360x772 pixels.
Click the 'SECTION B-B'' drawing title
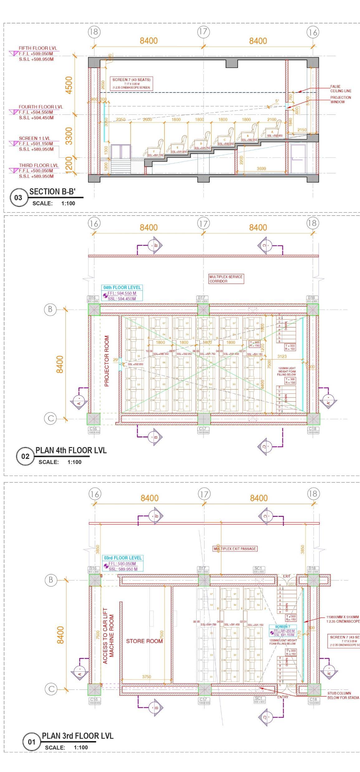tap(52, 192)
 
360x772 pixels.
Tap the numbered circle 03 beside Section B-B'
tap(18, 198)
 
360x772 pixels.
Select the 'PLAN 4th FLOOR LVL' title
tap(71, 450)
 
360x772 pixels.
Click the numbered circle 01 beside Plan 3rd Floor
tap(31, 742)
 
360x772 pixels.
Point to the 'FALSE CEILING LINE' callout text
tap(341, 89)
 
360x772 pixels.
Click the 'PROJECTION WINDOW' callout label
tap(341, 100)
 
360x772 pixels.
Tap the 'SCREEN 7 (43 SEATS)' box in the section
tap(131, 83)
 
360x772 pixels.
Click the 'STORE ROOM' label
tap(144, 641)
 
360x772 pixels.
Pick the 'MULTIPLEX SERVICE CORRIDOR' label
tap(226, 279)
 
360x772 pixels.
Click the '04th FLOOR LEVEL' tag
tap(122, 288)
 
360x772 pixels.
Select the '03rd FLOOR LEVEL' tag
tap(123, 558)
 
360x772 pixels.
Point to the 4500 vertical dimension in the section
tap(69, 85)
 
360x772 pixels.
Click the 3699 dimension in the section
tap(261, 169)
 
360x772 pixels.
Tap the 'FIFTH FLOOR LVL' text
tap(38, 48)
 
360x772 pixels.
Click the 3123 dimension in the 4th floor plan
tap(282, 356)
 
